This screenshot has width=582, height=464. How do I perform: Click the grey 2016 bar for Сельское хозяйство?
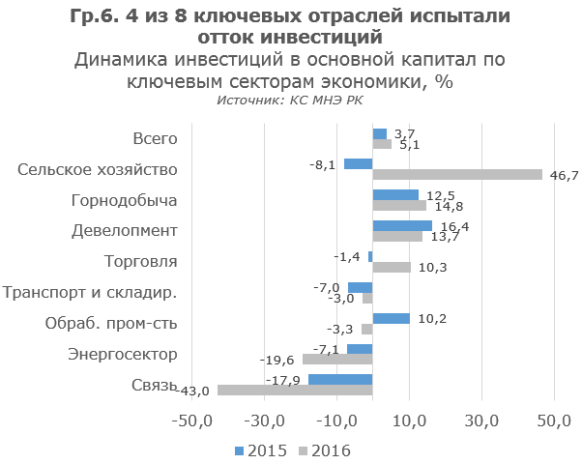457,175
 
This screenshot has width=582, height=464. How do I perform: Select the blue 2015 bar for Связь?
340,379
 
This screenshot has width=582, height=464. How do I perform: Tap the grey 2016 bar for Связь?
295,390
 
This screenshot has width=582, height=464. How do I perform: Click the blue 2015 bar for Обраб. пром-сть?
391,318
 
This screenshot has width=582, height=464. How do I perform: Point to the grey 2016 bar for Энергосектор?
337,360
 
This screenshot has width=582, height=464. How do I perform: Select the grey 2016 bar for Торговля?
392,267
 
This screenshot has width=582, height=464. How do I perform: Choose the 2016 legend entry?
324,450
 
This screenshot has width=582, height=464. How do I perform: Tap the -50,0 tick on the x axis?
192,421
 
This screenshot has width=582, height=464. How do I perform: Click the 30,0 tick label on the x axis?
481,421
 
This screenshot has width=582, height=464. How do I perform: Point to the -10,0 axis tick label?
336,421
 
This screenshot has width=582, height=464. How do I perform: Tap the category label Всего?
155,139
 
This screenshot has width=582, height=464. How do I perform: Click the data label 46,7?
563,175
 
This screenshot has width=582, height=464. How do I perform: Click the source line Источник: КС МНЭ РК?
290,100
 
